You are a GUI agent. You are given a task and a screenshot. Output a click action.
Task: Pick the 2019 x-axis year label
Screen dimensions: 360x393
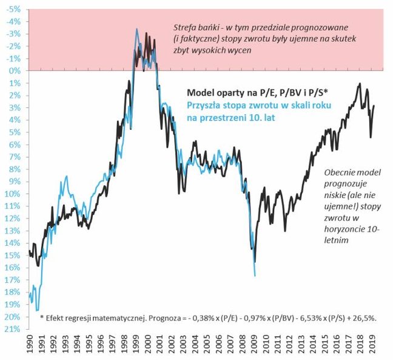374,347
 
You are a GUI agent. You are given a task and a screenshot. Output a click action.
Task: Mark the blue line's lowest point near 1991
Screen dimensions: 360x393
38,310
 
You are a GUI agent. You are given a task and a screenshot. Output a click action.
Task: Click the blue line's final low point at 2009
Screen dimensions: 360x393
255,276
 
